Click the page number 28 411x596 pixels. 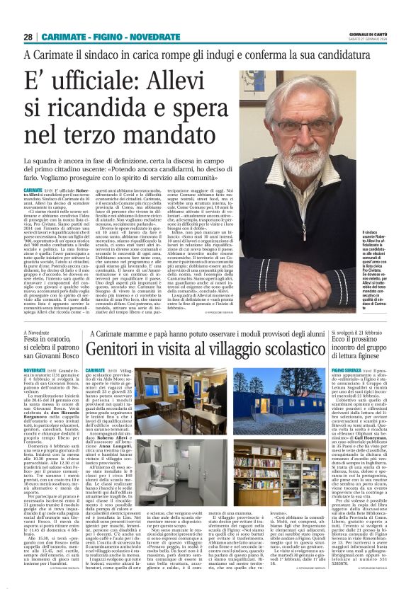pos(28,36)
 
